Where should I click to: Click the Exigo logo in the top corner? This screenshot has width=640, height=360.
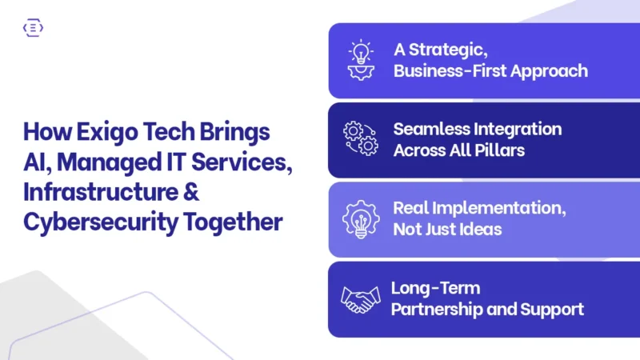[x=34, y=28]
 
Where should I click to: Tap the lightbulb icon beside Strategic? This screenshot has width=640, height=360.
[x=361, y=59]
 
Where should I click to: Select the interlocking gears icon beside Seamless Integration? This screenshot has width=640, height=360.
[x=360, y=139]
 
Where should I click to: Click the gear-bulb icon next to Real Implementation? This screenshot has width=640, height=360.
[x=361, y=218]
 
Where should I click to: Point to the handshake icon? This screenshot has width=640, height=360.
[x=361, y=299]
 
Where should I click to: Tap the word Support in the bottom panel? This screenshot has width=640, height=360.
[x=554, y=309]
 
